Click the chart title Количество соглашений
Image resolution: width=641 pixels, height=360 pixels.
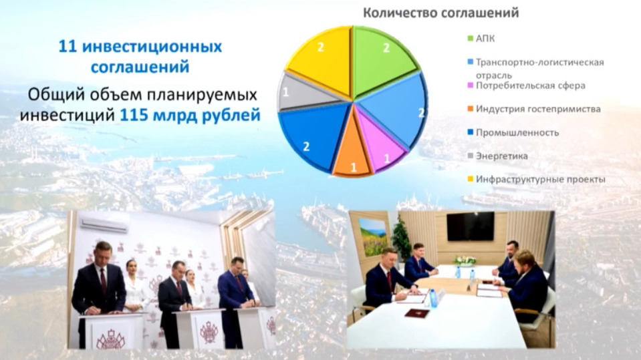440,13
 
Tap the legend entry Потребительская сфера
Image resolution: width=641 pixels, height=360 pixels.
527,85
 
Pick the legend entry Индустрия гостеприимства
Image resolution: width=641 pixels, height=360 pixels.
534,109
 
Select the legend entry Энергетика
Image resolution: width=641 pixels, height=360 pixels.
497,156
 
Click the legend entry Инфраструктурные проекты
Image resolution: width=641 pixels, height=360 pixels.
536,180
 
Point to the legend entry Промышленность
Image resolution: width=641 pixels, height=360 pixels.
513,132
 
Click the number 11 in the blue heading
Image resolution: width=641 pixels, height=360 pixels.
68,47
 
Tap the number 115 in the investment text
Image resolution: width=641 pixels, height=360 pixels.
134,116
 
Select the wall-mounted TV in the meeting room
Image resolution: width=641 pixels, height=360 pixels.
471,226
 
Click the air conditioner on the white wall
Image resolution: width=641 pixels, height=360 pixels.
104,224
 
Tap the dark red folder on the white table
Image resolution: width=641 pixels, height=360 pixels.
416,313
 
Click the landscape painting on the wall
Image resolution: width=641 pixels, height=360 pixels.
373,236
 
